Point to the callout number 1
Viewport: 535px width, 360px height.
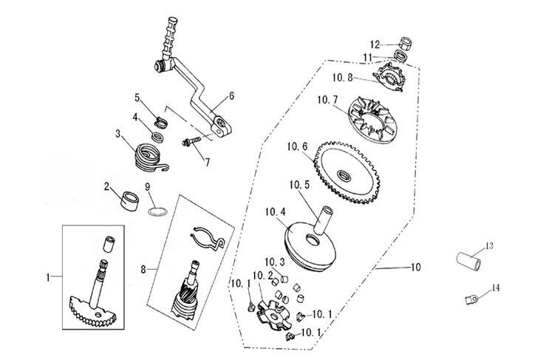49,277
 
